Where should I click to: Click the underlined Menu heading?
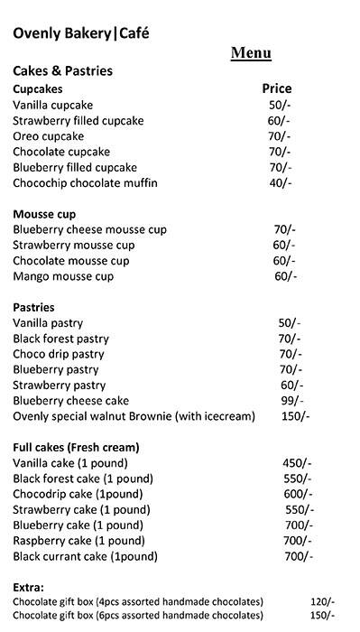point(251,53)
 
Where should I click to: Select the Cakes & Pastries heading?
point(74,70)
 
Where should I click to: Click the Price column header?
point(276,88)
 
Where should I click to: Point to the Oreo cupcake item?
point(51,136)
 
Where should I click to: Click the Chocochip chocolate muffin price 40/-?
point(281,183)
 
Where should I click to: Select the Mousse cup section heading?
point(44,214)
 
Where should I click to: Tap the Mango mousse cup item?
point(63,276)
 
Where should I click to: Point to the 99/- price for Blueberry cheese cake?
point(290,401)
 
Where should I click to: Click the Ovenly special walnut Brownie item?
point(134,416)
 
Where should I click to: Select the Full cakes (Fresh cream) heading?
point(75,447)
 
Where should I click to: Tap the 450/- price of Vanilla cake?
point(297,463)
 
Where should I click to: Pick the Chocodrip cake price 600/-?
point(298,494)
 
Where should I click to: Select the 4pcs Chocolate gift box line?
point(137,601)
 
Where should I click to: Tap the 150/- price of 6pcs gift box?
point(322,616)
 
